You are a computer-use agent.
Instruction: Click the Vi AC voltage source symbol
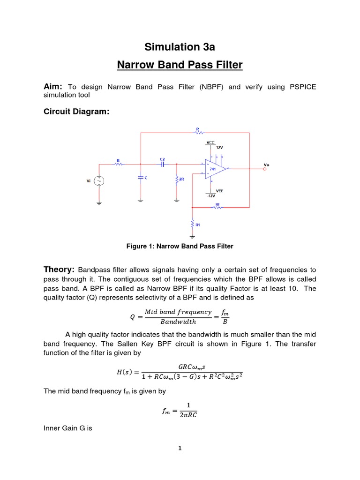[x=99, y=181]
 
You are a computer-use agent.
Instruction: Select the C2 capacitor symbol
[x=162, y=164]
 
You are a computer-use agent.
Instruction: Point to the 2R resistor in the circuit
[x=177, y=180]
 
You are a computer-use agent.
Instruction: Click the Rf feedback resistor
[x=217, y=207]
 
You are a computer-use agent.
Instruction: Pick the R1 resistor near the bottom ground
[x=192, y=225]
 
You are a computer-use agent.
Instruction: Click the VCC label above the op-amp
[x=210, y=142]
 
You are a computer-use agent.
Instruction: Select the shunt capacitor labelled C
[x=141, y=178]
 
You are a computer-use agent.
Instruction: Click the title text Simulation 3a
[x=180, y=47]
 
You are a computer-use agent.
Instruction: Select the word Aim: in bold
[x=53, y=87]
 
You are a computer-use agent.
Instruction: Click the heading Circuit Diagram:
[x=73, y=112]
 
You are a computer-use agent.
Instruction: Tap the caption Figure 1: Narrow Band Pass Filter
[x=180, y=246]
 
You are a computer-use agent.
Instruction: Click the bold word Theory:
[x=59, y=270]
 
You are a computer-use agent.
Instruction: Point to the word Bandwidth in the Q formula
[x=178, y=322]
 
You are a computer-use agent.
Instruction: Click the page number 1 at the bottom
[x=180, y=448]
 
